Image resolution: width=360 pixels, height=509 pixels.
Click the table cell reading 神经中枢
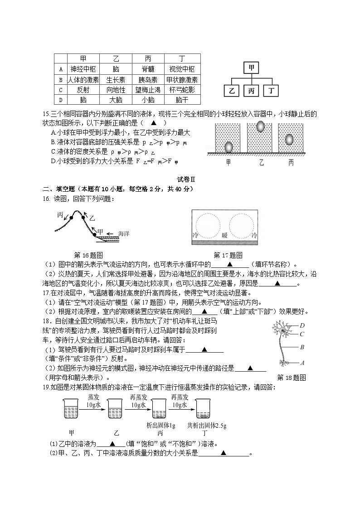(83, 69)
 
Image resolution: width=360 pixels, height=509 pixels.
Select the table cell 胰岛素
(148, 80)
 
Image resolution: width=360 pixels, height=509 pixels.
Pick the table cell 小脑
(148, 100)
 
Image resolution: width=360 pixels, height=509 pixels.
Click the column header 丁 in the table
(182, 59)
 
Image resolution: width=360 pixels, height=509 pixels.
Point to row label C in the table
(60, 90)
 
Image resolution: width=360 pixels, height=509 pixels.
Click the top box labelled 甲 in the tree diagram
(252, 68)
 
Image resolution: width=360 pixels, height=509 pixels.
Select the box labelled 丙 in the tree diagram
(252, 91)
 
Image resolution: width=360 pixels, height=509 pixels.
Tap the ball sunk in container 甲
(229, 147)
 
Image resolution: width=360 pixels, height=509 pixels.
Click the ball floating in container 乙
(261, 126)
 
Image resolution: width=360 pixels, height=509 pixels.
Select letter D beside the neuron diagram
(302, 325)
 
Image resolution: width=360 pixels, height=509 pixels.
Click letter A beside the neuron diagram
(302, 363)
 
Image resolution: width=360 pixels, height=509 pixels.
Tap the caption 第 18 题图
(292, 377)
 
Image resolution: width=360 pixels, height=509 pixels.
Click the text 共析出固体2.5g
(207, 426)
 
